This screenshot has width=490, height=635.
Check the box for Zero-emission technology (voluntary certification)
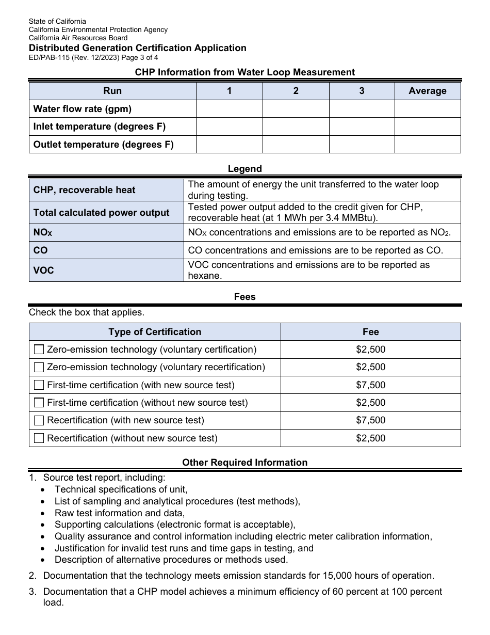[x=39, y=350]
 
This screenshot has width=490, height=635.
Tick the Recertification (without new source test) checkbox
[x=39, y=438]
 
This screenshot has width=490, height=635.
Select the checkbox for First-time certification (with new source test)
[x=39, y=385]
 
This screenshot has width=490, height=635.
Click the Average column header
[x=427, y=91]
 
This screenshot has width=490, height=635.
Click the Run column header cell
[x=112, y=91]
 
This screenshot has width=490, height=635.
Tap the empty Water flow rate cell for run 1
[x=229, y=109]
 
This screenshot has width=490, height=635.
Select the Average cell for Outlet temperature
[x=427, y=145]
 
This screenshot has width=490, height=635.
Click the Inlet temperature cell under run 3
[x=362, y=126]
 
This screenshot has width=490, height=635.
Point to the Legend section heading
[x=244, y=169]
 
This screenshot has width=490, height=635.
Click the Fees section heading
[x=244, y=297]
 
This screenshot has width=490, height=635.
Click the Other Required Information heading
[x=244, y=463]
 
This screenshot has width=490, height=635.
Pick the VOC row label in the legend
[x=43, y=271]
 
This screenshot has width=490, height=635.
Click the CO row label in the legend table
[x=40, y=250]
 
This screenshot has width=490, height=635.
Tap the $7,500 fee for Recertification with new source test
[x=370, y=420]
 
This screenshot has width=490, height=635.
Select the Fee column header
[x=370, y=332]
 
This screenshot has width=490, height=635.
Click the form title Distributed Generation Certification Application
[x=137, y=48]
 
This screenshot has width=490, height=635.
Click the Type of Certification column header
[x=155, y=332]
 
